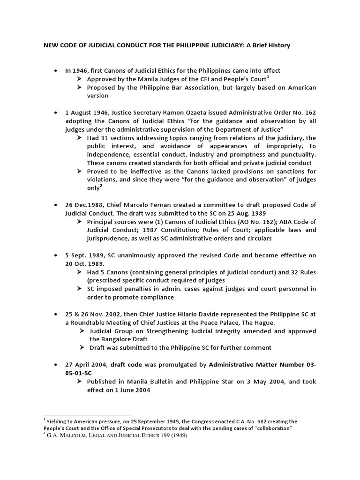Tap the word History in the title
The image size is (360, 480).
[x=278, y=45]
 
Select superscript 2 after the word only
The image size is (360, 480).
[x=101, y=186]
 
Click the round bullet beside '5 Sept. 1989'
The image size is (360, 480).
[x=56, y=255]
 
